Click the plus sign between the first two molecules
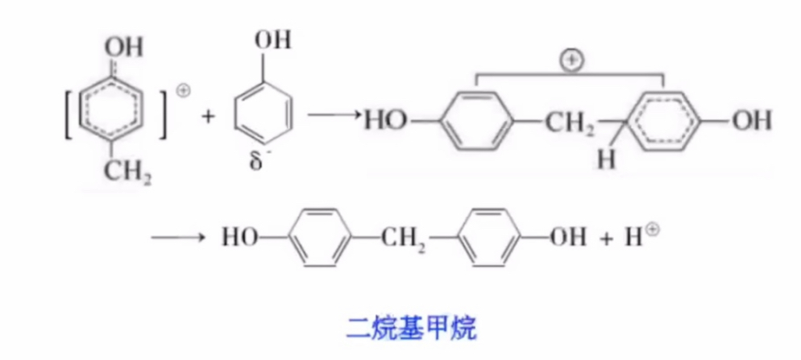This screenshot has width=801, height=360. [x=209, y=117]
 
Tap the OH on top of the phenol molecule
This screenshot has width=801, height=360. [x=272, y=39]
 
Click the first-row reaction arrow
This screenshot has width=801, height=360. [x=334, y=118]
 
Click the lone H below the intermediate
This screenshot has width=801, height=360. [x=606, y=160]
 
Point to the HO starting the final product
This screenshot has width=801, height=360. [x=241, y=238]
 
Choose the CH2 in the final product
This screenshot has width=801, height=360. [x=406, y=239]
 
